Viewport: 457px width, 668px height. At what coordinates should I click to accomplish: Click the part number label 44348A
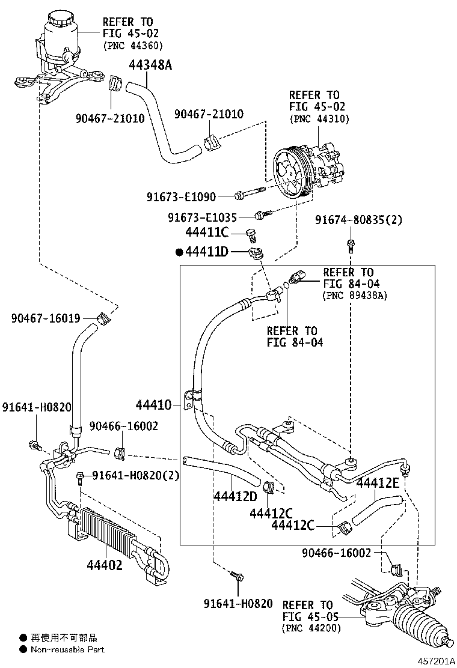[150, 65]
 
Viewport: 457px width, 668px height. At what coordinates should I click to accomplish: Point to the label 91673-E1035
[202, 217]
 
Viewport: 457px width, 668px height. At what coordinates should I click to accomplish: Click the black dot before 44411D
[179, 252]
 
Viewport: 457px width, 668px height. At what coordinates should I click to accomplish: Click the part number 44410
[153, 405]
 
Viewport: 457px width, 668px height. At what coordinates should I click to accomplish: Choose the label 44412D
[235, 496]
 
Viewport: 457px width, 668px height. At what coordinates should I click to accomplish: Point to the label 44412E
[378, 483]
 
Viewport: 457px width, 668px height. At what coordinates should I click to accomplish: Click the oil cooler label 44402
[105, 565]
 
